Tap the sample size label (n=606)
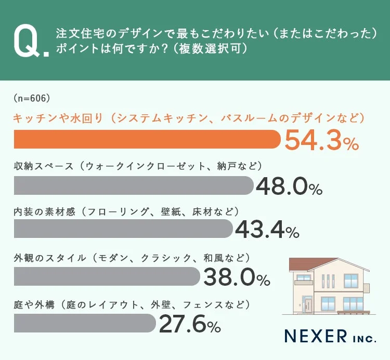coord(31,98)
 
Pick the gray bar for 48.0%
coord(133,185)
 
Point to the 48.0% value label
coord(289,186)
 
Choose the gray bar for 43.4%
coord(123,229)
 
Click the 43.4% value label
coord(267,230)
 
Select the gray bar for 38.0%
coord(107,276)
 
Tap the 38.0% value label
coord(236,277)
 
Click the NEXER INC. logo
coord(330,336)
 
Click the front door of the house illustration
coord(307,304)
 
